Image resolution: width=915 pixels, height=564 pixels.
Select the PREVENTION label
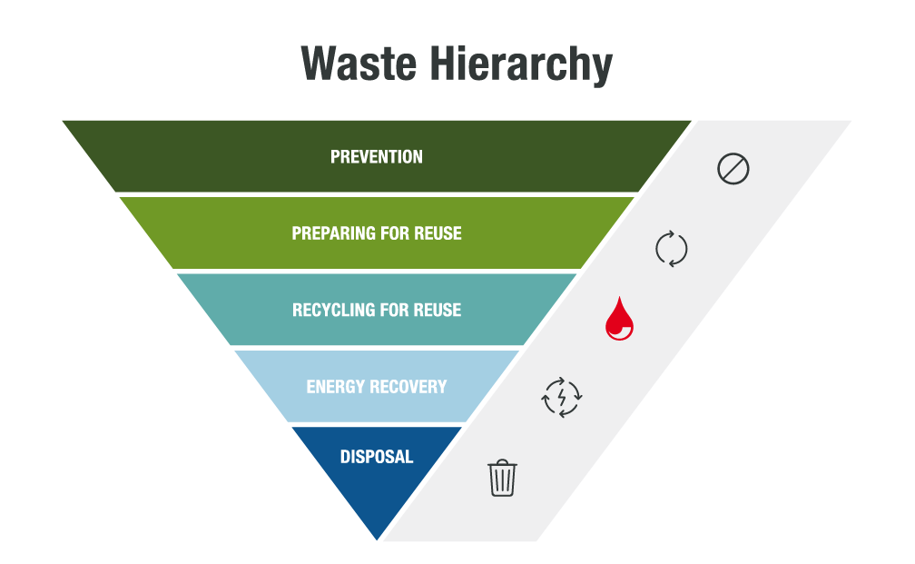pyautogui.click(x=377, y=157)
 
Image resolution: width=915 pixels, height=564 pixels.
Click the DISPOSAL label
pyautogui.click(x=377, y=457)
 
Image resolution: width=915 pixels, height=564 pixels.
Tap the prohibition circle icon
pyautogui.click(x=733, y=169)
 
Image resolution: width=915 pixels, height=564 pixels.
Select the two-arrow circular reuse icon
pyautogui.click(x=672, y=248)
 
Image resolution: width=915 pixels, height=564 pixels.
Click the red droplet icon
pyautogui.click(x=620, y=319)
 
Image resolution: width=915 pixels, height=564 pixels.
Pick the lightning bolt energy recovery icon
pyautogui.click(x=562, y=397)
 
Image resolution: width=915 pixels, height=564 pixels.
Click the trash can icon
pyautogui.click(x=502, y=478)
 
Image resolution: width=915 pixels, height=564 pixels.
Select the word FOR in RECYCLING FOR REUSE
pyautogui.click(x=389, y=311)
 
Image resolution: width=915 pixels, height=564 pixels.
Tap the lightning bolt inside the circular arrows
pyautogui.click(x=562, y=397)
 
